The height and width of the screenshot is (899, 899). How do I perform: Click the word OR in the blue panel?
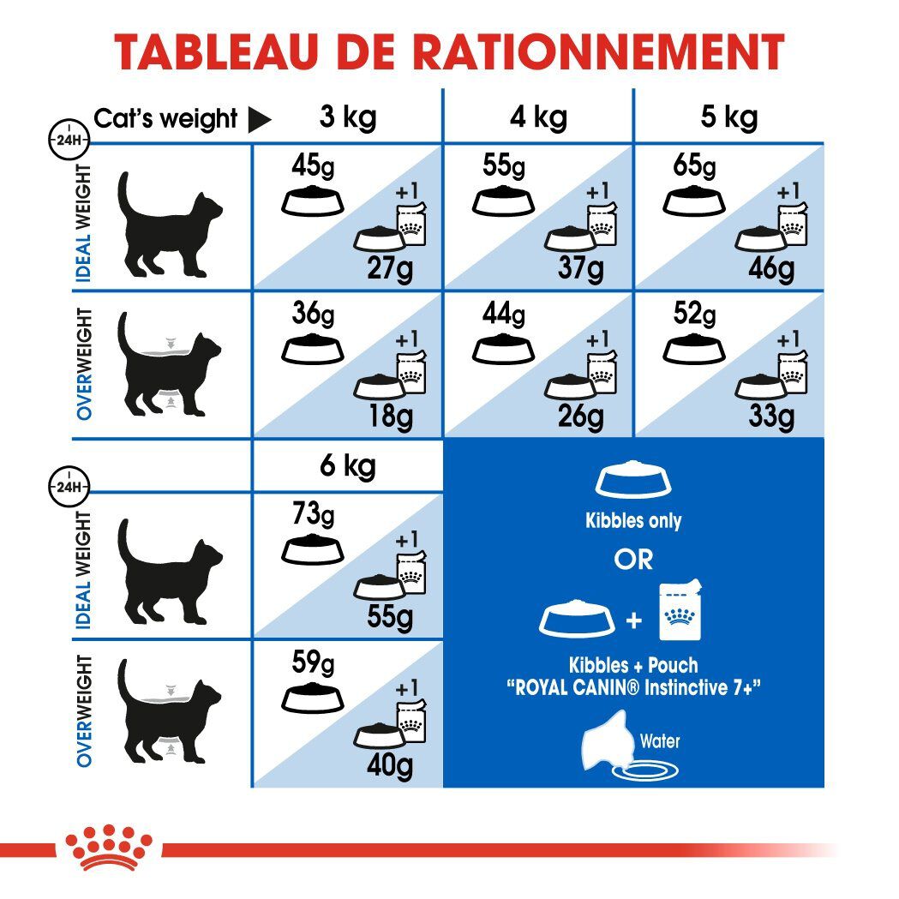pos(633,560)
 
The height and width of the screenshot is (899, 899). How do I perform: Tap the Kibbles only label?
pos(633,521)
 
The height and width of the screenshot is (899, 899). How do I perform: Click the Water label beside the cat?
pos(659,740)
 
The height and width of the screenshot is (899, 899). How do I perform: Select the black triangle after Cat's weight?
pos(259,120)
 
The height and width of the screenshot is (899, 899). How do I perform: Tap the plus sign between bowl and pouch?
pos(634,620)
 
